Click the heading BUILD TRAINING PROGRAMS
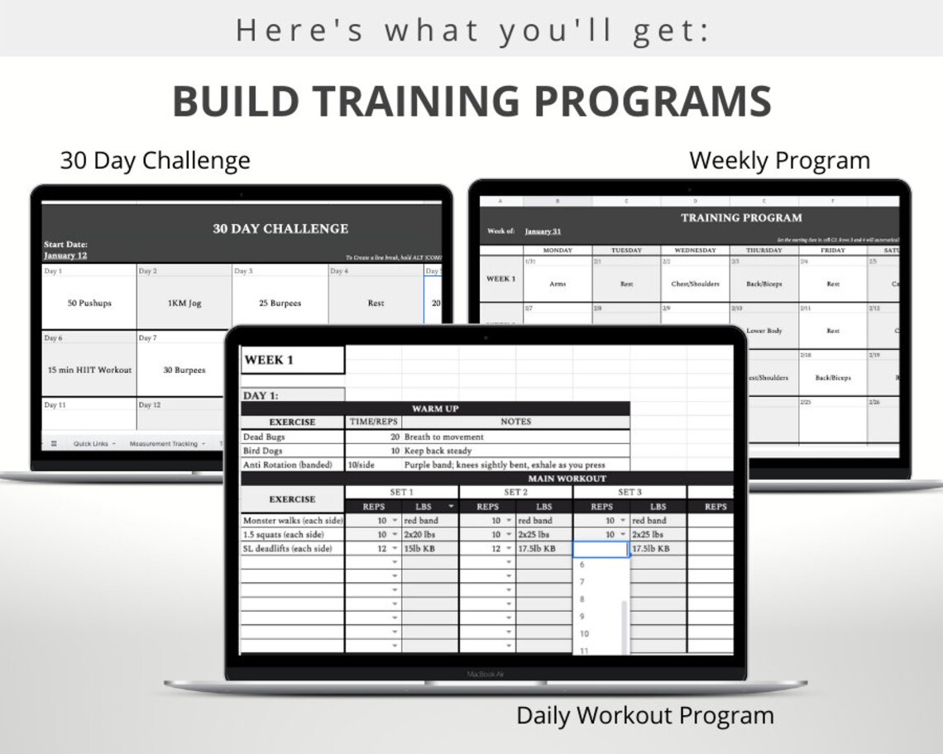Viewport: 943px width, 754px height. coord(471,101)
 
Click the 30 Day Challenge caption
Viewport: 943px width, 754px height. coord(155,160)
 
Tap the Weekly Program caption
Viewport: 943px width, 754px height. coord(779,160)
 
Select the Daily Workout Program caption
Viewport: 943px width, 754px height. coord(645,715)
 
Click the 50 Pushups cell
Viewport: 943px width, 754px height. coord(89,303)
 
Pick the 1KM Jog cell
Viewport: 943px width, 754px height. coord(184,303)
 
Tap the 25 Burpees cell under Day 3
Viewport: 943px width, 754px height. coord(280,303)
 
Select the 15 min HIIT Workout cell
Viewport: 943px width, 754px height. coord(89,370)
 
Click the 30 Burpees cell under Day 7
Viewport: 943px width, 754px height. coord(184,370)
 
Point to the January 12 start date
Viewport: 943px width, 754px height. coord(65,255)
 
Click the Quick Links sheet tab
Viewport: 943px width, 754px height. coord(91,444)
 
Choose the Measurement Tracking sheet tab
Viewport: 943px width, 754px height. coord(164,444)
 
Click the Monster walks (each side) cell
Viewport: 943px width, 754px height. coord(292,521)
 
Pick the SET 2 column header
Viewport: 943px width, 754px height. coord(515,492)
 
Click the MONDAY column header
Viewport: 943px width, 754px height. coord(558,250)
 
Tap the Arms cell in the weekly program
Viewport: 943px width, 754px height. coord(558,284)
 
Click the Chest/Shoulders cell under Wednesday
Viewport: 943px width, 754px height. coord(695,284)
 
